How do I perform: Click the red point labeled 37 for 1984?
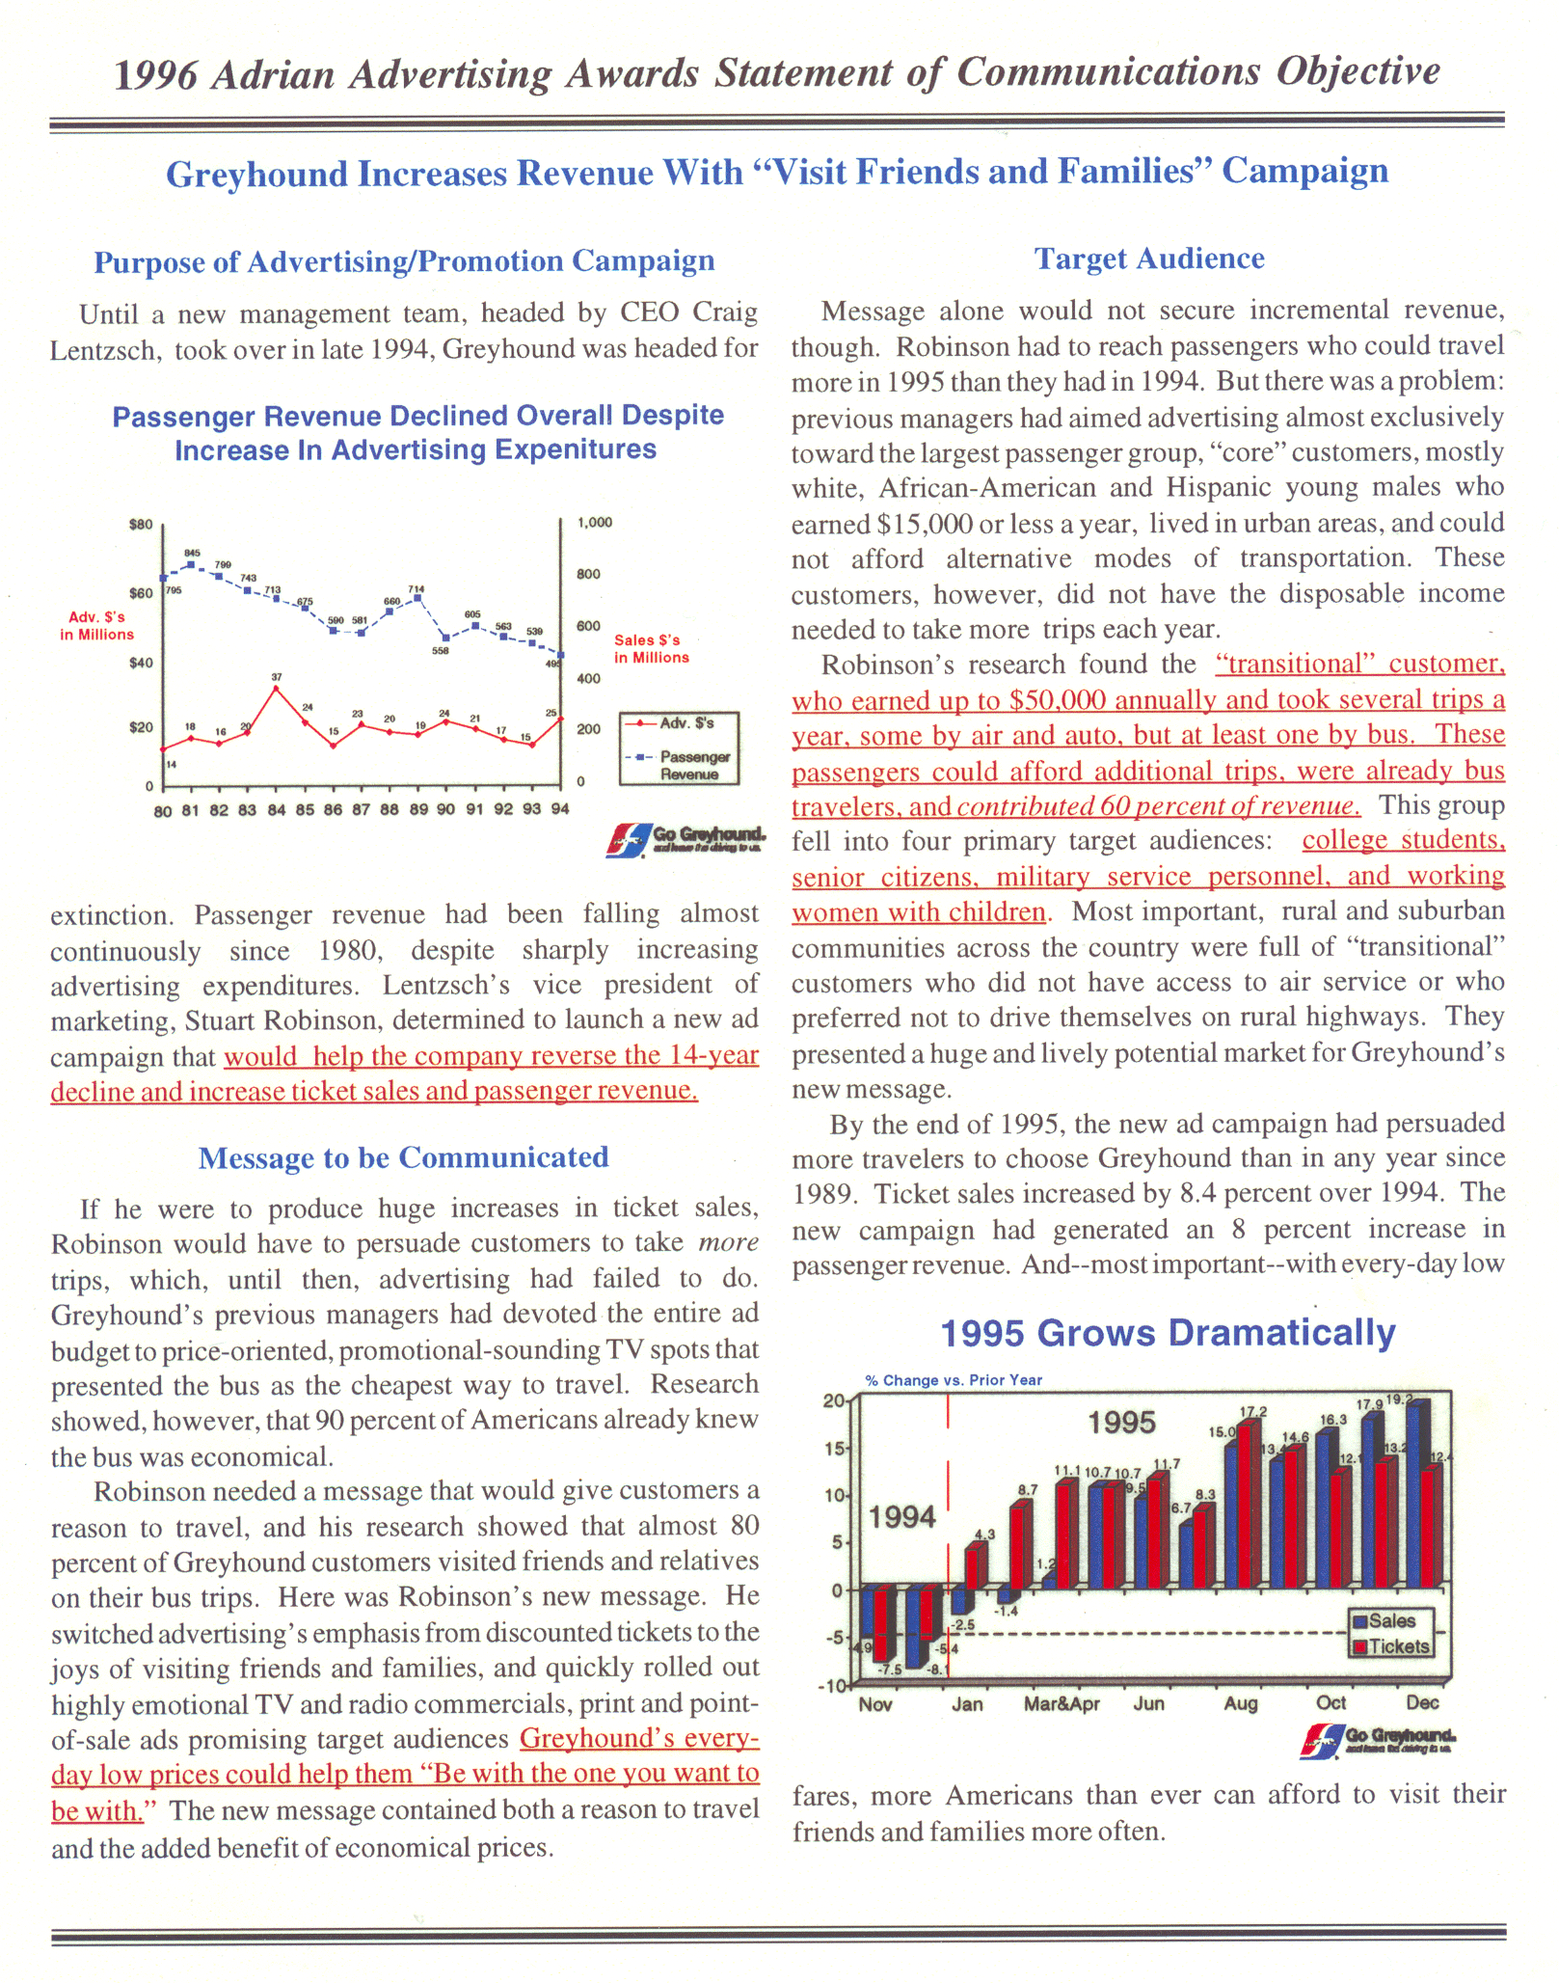coord(277,689)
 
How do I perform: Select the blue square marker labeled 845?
coord(191,565)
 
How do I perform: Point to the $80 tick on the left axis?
coord(141,525)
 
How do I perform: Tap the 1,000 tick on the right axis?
coord(595,523)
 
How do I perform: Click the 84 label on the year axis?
coord(277,810)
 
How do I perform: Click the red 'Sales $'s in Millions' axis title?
coord(652,648)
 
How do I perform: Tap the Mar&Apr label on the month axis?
coord(1062,1704)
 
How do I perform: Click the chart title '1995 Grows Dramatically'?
coord(1168,1333)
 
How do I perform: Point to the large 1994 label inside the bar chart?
coord(902,1517)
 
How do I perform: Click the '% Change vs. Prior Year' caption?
coord(954,1380)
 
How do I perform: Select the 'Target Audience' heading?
coord(1149,258)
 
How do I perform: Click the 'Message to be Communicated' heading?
coord(403,1157)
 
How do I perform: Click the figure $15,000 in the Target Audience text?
coord(924,524)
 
